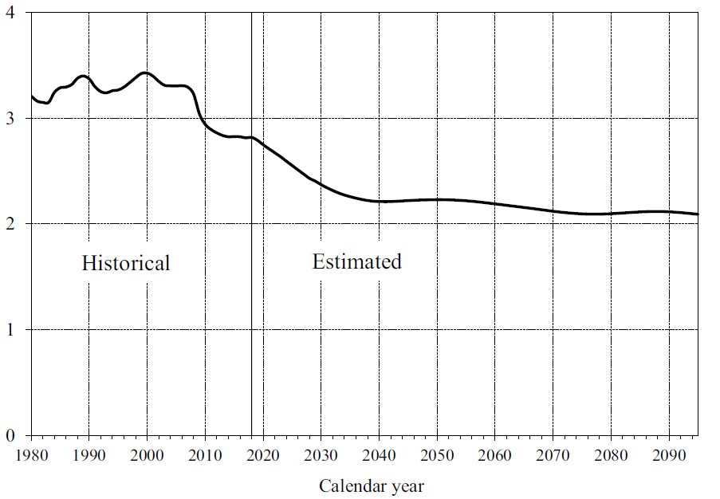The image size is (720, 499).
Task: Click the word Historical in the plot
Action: coord(126,263)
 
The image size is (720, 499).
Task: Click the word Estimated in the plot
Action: coord(356,261)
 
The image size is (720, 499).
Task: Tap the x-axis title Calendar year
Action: coord(372,485)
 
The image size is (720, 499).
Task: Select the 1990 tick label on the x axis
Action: coord(89,454)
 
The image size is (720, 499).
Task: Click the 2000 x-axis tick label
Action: coord(147,454)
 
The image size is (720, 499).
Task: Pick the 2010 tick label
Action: coord(205,454)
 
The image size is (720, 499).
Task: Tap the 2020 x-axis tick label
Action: coord(263,454)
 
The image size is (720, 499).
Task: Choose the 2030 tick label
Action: coord(321,454)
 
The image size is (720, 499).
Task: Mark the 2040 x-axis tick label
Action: coord(379,454)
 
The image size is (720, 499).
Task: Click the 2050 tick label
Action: coord(437,454)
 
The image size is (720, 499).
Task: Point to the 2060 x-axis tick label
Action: coord(495,454)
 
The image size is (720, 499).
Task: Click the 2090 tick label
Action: coord(669,454)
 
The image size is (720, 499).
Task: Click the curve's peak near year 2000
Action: coord(144,73)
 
